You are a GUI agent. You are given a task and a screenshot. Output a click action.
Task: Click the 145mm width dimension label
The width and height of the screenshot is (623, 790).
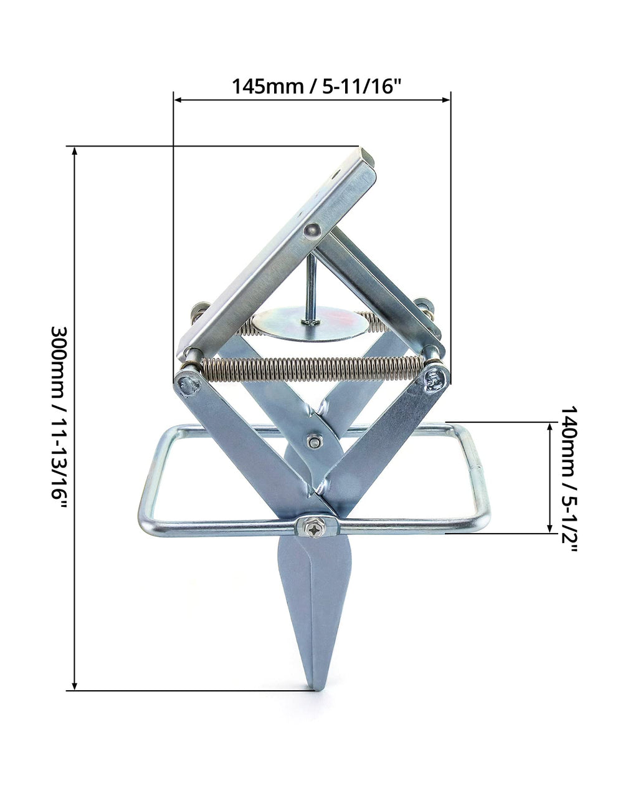tap(316, 87)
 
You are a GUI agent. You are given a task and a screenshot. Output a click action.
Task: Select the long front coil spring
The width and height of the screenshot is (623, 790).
tap(312, 369)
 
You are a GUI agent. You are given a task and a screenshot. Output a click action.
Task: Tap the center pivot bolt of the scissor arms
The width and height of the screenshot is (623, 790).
tap(313, 442)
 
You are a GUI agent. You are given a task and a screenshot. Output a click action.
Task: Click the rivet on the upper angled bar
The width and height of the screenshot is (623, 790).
tap(312, 231)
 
